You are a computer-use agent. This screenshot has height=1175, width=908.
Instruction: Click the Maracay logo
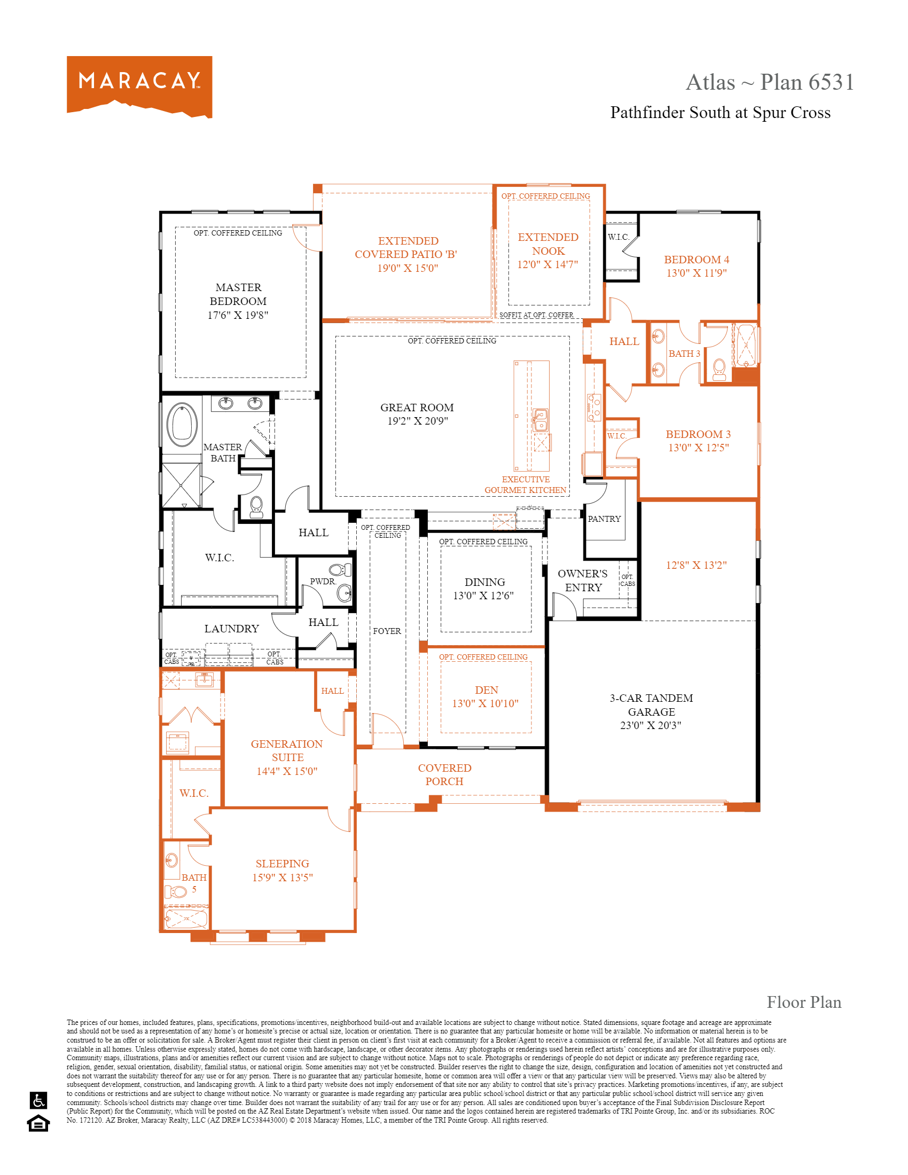[x=139, y=86]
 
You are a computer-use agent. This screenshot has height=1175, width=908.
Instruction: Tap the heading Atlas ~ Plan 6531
[x=769, y=82]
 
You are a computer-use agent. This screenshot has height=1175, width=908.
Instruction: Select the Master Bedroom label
[x=238, y=294]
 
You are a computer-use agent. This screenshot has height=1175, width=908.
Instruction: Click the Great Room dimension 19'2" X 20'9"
[x=418, y=421]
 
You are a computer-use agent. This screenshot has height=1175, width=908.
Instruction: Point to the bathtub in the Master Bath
[x=182, y=424]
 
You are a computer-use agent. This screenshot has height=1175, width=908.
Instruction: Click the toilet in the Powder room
[x=340, y=570]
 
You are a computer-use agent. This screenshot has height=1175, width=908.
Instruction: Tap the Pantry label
[x=604, y=519]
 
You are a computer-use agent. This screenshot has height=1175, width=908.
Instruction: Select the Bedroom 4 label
[x=696, y=260]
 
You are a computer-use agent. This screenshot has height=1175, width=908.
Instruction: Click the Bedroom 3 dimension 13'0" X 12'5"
[x=698, y=448]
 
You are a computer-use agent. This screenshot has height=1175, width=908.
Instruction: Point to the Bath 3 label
[x=684, y=354]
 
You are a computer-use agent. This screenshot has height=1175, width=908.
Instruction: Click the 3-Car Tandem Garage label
[x=651, y=705]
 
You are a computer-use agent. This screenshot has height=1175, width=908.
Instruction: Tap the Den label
[x=486, y=690]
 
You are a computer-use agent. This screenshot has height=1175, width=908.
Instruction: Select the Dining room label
[x=484, y=582]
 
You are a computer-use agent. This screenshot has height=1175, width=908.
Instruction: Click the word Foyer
[x=387, y=631]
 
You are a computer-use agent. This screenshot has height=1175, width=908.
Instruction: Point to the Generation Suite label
[x=287, y=750]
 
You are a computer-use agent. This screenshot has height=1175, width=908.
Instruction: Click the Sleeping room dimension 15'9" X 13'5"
[x=283, y=878]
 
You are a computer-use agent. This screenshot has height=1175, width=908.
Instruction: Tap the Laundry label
[x=231, y=629]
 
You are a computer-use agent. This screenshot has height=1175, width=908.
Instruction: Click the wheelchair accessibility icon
[x=39, y=1100]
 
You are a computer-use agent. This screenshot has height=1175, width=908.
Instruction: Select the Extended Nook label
[x=547, y=244]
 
